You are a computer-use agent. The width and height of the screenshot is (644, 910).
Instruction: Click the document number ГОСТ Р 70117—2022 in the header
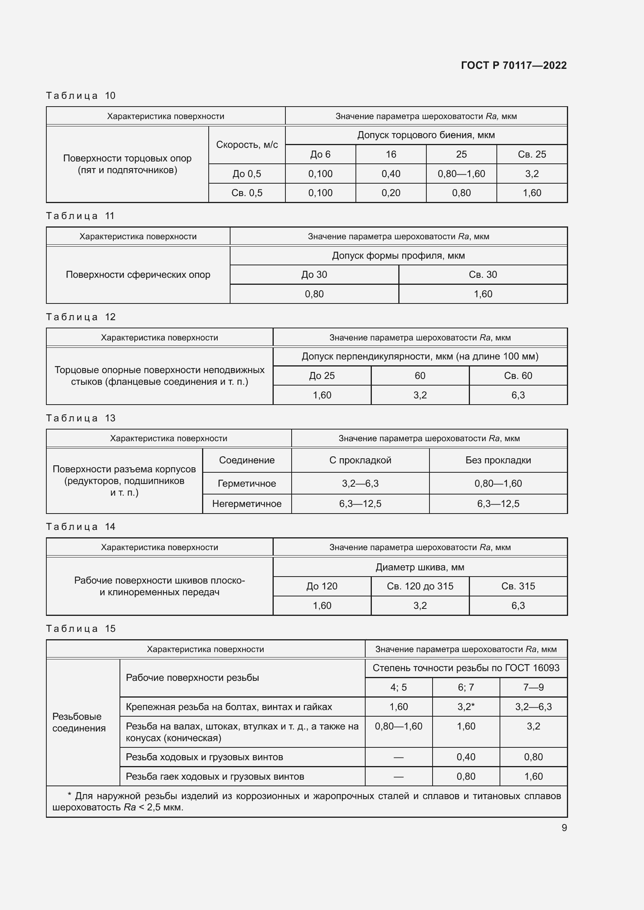[514, 65]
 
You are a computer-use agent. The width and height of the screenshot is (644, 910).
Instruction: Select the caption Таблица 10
[81, 96]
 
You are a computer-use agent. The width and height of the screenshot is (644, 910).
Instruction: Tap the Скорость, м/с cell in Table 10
[246, 145]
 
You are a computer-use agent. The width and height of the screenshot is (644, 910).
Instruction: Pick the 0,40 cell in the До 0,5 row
[391, 174]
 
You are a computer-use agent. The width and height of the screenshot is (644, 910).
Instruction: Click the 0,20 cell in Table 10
[391, 193]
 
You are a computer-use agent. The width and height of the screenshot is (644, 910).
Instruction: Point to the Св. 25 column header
[531, 154]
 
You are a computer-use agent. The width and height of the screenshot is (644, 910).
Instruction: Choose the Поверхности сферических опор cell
[138, 275]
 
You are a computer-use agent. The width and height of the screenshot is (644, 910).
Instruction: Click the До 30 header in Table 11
[314, 275]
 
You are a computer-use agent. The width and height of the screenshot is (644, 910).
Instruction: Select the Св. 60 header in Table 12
[518, 376]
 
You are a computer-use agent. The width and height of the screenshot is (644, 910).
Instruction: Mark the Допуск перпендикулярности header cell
[420, 356]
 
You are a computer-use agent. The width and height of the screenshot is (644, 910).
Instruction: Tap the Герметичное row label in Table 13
[246, 484]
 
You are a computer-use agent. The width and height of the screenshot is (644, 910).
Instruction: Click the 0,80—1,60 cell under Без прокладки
[498, 484]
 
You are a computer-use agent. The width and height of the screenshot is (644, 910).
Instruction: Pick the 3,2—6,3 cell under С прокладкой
[360, 484]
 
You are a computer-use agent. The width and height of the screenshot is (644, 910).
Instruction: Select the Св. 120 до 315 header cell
[420, 586]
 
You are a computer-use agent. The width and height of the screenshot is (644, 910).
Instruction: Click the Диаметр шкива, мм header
[420, 567]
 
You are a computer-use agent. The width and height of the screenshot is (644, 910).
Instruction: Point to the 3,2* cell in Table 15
[466, 707]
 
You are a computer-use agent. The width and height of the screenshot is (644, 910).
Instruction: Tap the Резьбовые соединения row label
[79, 722]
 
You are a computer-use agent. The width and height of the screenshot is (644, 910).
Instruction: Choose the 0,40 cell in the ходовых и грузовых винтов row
[466, 757]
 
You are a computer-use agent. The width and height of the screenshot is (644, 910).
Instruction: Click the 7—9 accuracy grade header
[533, 687]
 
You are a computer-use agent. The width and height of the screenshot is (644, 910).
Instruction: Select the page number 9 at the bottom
[564, 828]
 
